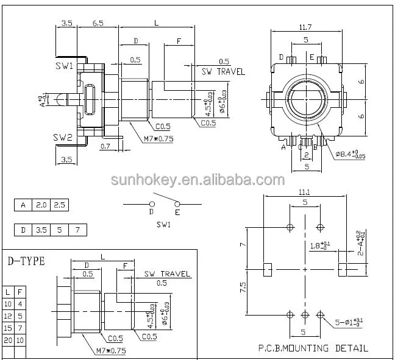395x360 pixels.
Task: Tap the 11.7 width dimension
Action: [x=305, y=27]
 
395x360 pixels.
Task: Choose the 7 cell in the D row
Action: [x=77, y=230]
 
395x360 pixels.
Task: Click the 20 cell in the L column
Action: [x=8, y=339]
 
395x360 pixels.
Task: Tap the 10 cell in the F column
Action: [x=20, y=339]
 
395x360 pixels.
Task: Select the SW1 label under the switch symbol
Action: [x=165, y=224]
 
